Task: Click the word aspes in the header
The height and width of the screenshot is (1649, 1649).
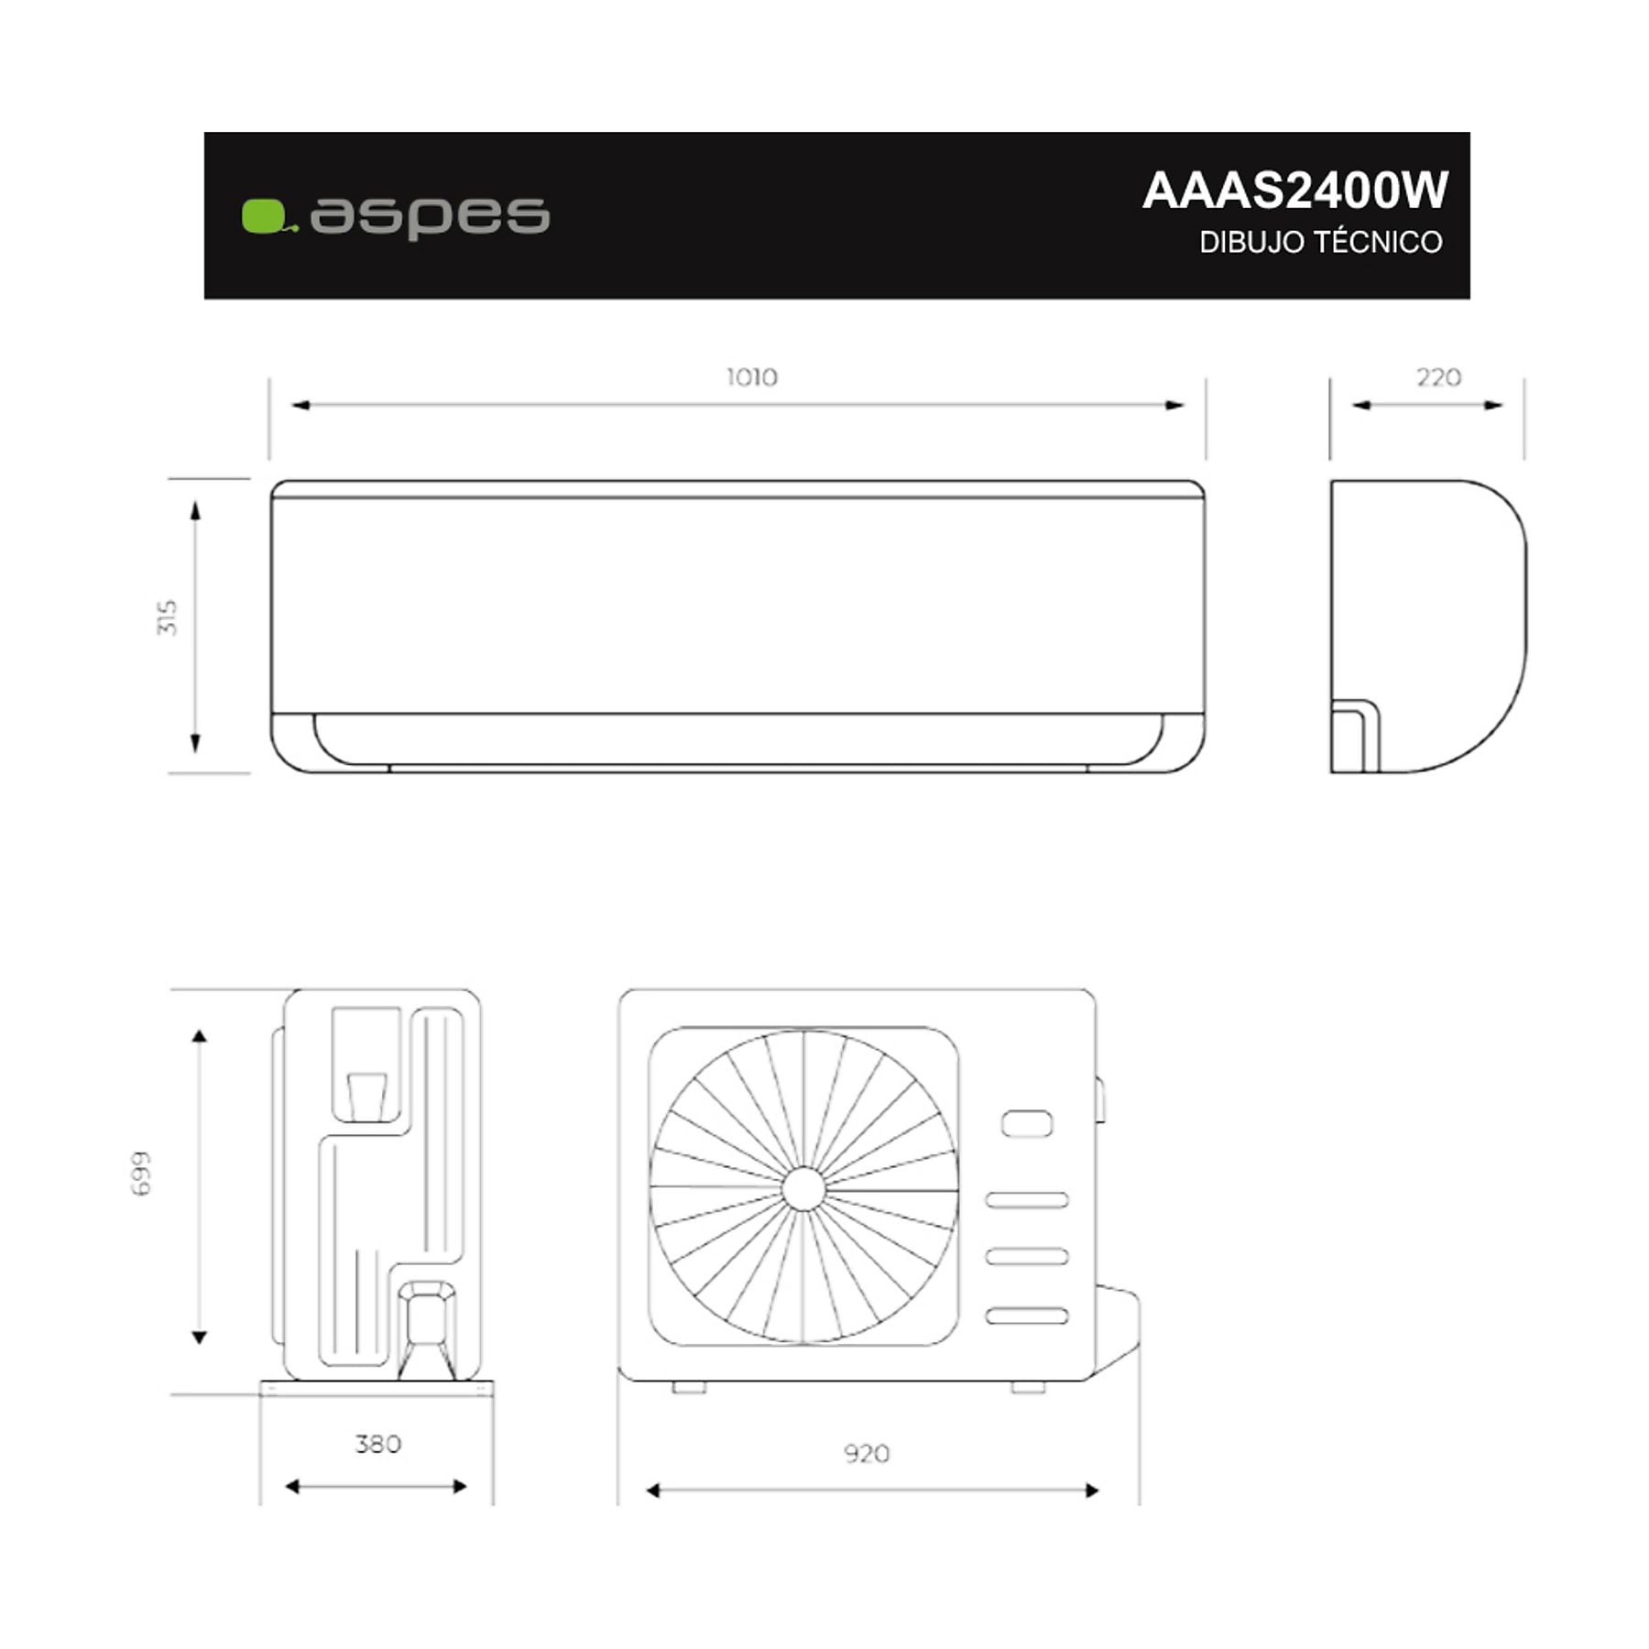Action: tap(430, 217)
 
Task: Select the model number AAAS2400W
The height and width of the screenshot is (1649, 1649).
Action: tap(1295, 191)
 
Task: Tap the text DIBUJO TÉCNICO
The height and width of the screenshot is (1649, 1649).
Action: tap(1321, 242)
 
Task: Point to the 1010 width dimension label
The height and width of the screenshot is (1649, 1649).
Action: tap(752, 377)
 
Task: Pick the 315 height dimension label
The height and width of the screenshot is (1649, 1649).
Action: tap(168, 617)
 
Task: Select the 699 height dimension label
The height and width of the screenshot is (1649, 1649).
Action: tap(140, 1174)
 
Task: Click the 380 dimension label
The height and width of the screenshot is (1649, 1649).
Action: tap(378, 1445)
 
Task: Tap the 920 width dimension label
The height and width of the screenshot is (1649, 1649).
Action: tap(867, 1454)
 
